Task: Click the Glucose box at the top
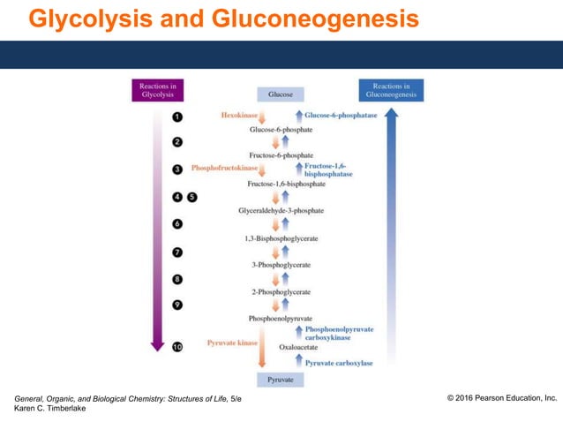(281, 94)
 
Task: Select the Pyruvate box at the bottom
(281, 380)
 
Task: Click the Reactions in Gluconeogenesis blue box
(391, 90)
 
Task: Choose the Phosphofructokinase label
(225, 168)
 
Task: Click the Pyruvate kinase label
(231, 341)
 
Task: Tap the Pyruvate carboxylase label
(339, 363)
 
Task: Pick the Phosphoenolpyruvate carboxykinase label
(339, 333)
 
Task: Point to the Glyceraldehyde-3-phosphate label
(281, 211)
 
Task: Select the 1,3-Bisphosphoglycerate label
(281, 238)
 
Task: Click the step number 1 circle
(177, 117)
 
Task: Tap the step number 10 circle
(177, 348)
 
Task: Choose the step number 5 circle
(192, 197)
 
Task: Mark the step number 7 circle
(177, 252)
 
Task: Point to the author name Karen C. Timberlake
(50, 409)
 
